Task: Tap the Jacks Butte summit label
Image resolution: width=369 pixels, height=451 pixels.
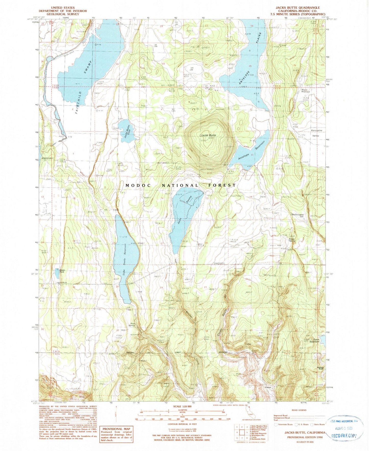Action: tap(208, 135)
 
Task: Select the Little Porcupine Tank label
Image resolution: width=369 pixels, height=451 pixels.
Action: tap(297, 216)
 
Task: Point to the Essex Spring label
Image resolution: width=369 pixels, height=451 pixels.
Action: tap(292, 240)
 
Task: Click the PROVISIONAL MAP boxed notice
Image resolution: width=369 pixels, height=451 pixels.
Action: tap(116, 434)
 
